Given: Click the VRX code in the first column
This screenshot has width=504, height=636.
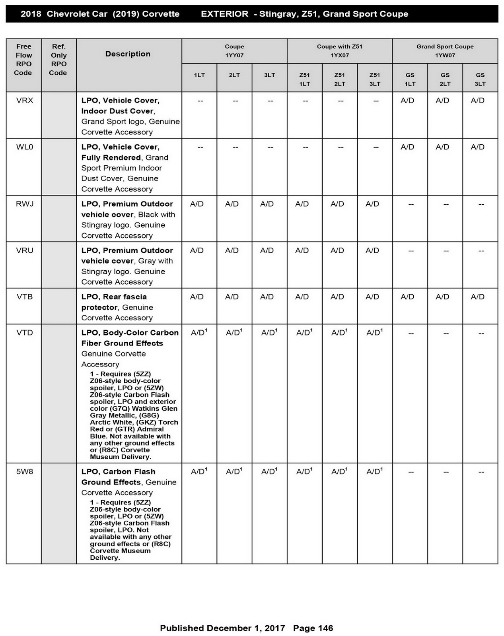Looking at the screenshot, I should [25, 101].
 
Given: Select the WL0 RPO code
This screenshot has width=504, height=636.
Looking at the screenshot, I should [25, 147].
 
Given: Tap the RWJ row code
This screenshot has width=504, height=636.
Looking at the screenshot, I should [25, 204].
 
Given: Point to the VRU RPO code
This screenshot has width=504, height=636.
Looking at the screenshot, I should [25, 250].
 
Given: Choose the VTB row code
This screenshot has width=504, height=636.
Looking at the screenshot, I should [25, 297].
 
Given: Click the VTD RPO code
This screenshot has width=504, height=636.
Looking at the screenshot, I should [25, 333].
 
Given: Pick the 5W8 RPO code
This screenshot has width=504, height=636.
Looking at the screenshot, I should [25, 472].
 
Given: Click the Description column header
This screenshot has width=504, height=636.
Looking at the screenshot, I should [128, 54].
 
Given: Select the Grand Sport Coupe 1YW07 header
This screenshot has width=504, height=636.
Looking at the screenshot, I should [445, 51].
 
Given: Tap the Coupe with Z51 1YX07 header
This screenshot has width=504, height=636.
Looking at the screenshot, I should [339, 51].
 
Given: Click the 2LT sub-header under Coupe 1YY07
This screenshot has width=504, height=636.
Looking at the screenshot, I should [234, 75].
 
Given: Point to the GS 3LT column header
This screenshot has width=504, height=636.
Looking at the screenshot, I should [480, 79].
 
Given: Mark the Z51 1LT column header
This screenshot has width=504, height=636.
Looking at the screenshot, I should [304, 79].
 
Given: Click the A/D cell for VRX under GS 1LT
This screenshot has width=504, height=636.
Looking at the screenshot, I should [407, 101].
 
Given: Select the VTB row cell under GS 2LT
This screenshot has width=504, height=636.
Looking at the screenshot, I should [442, 297].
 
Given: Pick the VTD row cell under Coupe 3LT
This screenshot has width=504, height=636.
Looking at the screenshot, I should [269, 332].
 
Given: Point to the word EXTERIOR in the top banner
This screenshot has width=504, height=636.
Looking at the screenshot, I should [224, 14].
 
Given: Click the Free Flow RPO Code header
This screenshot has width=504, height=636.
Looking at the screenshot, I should [23, 60].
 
